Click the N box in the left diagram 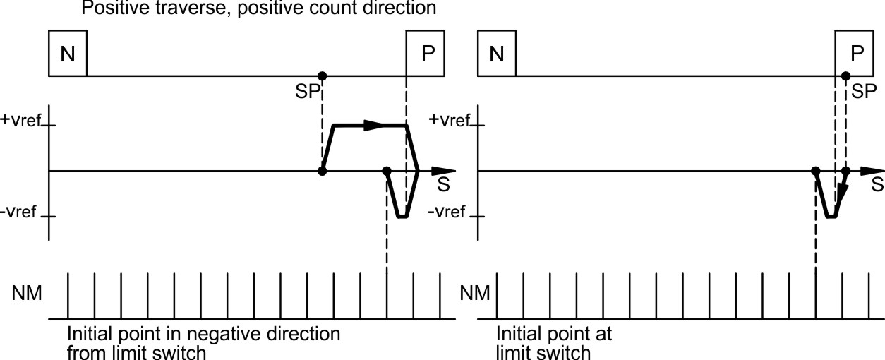(x=68, y=54)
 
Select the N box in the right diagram (x=497, y=54)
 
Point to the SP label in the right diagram (x=862, y=92)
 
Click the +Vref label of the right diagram (x=450, y=120)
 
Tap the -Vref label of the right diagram (x=447, y=212)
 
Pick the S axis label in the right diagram (x=876, y=185)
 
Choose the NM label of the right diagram (x=475, y=293)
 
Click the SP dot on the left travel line (x=323, y=76)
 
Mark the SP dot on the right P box (x=845, y=76)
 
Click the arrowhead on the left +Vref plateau (x=374, y=126)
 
